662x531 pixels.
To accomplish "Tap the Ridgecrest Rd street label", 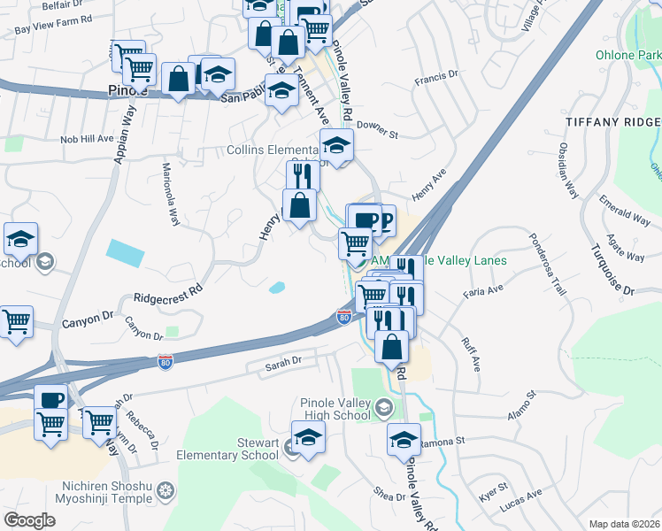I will click(169, 294).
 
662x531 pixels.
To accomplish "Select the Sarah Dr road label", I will click(285, 361).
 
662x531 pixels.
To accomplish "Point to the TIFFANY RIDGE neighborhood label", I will click(612, 119).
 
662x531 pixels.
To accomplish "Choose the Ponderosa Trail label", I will click(546, 264).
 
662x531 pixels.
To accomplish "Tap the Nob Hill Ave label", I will click(87, 139).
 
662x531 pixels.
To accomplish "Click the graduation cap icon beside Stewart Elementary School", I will click(308, 437).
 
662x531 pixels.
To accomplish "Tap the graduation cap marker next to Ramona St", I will click(404, 440).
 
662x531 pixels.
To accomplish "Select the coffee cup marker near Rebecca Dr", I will click(50, 399).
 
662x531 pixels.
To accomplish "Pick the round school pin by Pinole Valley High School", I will click(383, 408).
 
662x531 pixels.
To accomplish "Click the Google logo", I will click(30, 520).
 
